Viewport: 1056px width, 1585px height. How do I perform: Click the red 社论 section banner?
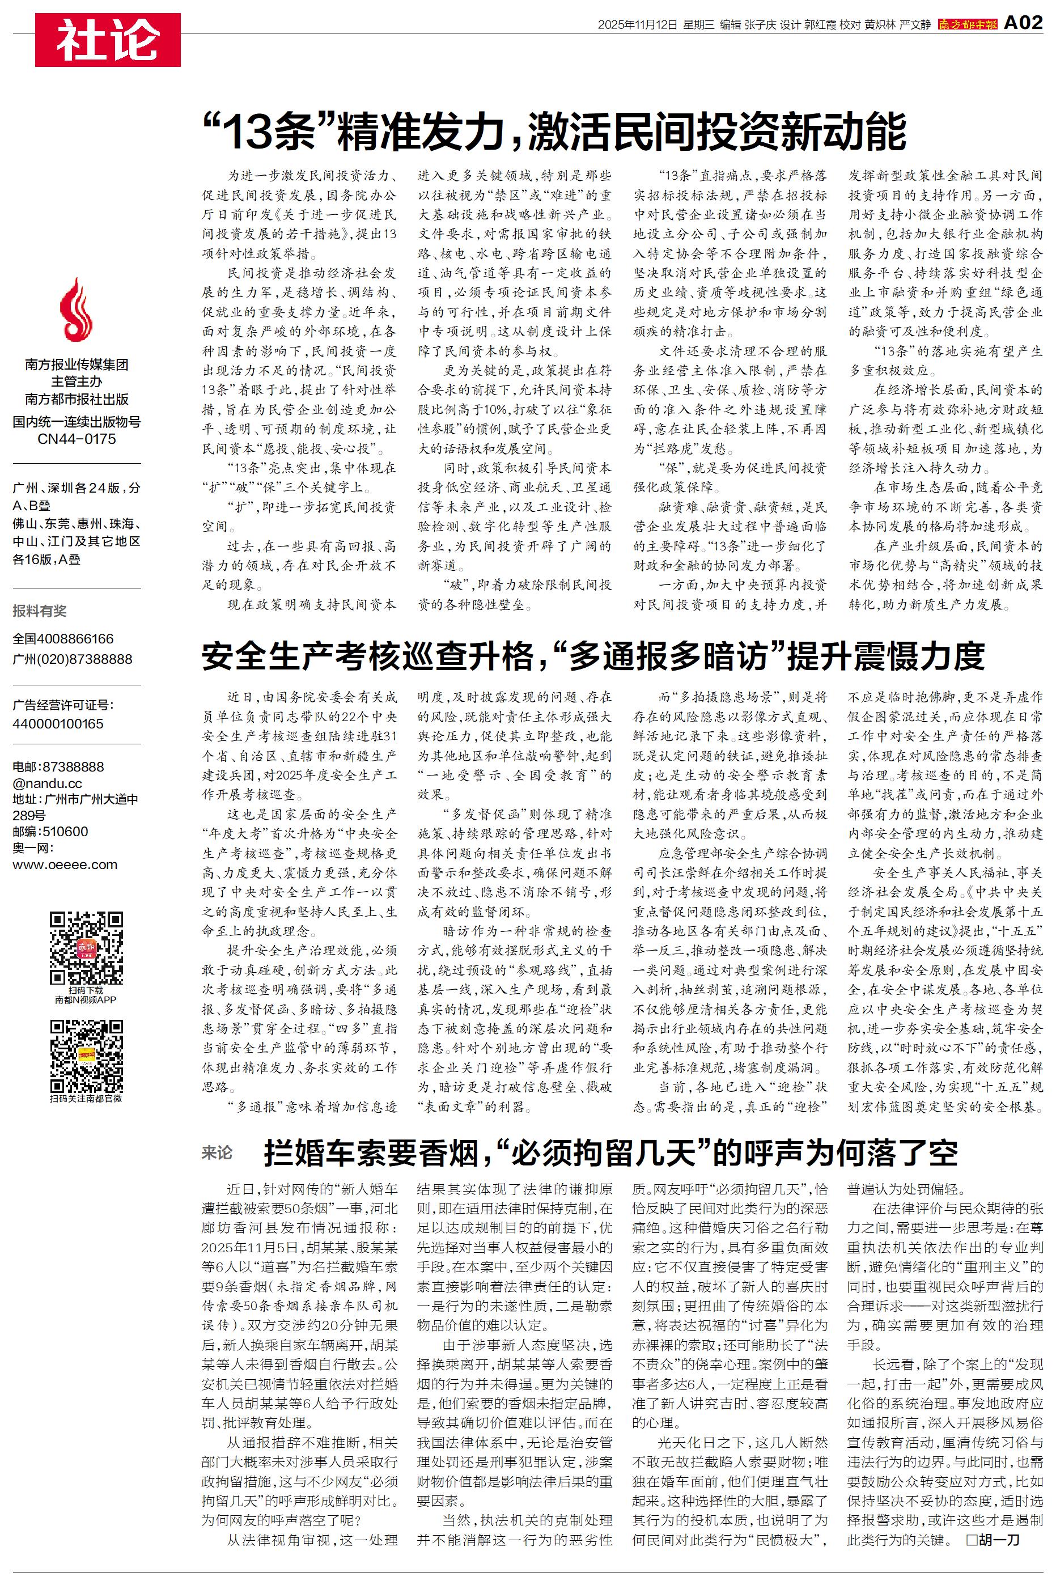(x=108, y=40)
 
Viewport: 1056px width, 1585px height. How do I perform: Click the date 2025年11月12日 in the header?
(x=637, y=25)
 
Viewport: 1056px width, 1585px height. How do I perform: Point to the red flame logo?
(x=76, y=311)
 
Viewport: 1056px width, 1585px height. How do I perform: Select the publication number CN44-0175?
(x=77, y=439)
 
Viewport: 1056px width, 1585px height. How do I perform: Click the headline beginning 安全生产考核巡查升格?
(x=593, y=656)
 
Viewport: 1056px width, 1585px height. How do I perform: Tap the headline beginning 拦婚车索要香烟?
(x=610, y=1152)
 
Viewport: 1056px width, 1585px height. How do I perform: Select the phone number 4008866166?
(x=75, y=639)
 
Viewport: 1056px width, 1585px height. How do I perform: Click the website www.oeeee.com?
(x=65, y=864)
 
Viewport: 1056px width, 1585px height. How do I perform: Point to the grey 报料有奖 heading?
(x=40, y=611)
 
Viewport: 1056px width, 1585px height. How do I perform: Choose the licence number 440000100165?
(x=58, y=724)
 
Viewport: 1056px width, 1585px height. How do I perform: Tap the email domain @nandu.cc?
(x=47, y=783)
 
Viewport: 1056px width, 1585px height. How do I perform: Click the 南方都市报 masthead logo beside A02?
(x=967, y=24)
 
